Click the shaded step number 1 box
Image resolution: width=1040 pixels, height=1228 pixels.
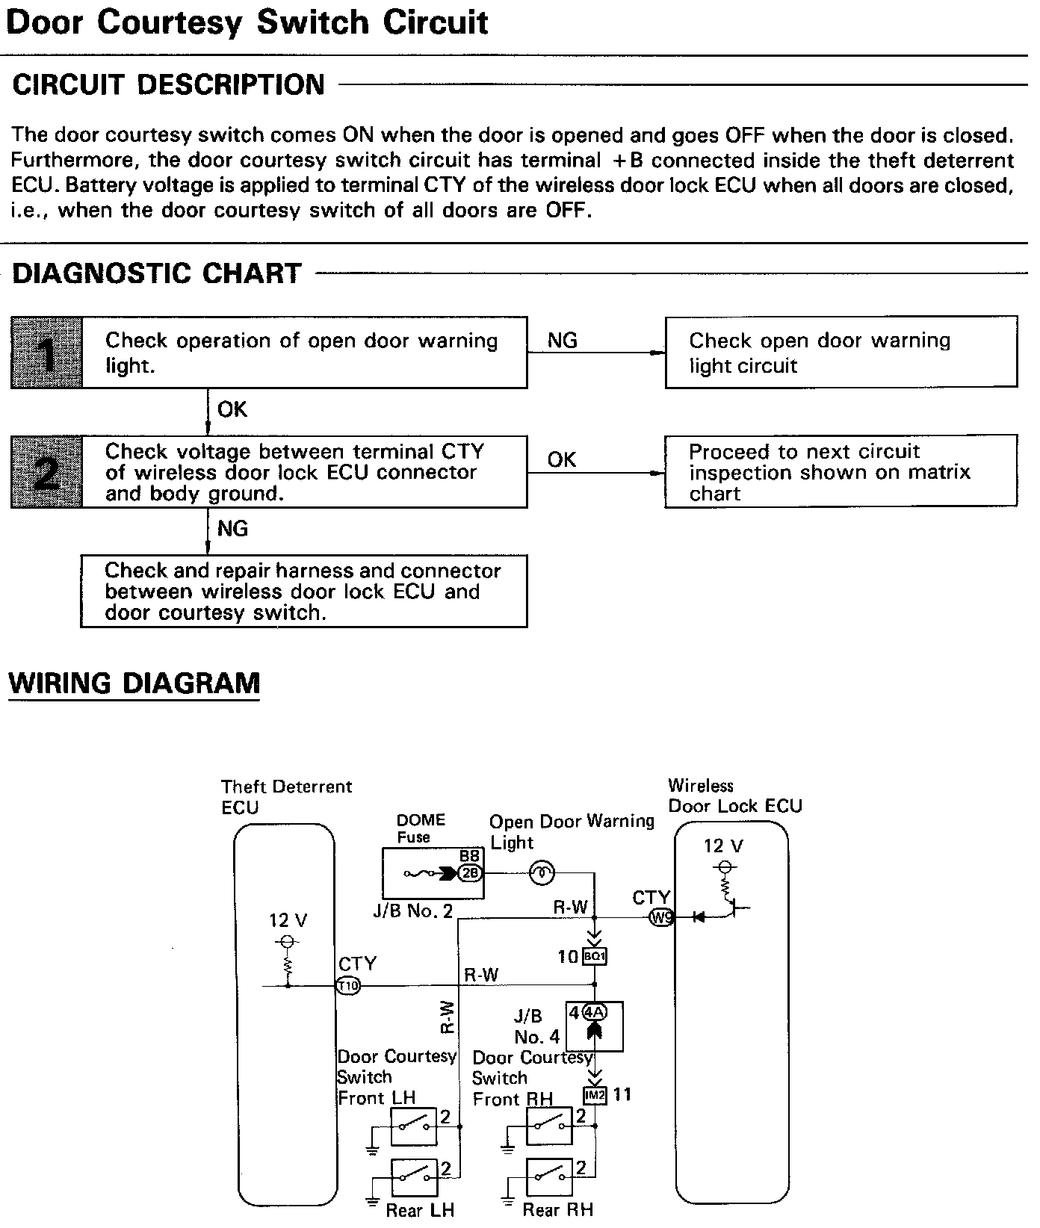point(46,353)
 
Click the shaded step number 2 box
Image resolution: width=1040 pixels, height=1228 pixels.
point(46,472)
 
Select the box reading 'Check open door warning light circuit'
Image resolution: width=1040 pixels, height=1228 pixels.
point(841,353)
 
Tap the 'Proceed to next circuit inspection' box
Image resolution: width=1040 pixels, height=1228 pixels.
point(841,472)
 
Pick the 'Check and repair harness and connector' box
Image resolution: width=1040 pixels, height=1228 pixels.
point(303,591)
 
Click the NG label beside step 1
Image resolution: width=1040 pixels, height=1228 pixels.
point(563,341)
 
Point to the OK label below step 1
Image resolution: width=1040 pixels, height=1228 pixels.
point(232,409)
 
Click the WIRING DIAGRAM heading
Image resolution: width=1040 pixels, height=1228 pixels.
point(134,683)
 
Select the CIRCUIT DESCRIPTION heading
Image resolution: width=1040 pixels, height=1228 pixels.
point(169,84)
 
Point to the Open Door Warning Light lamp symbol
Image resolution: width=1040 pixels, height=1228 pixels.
point(542,872)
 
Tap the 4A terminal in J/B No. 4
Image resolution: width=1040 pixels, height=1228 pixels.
point(595,1013)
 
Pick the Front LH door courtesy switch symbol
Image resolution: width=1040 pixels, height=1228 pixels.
point(414,1126)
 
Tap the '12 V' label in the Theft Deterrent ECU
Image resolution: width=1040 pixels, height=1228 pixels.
point(288,920)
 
